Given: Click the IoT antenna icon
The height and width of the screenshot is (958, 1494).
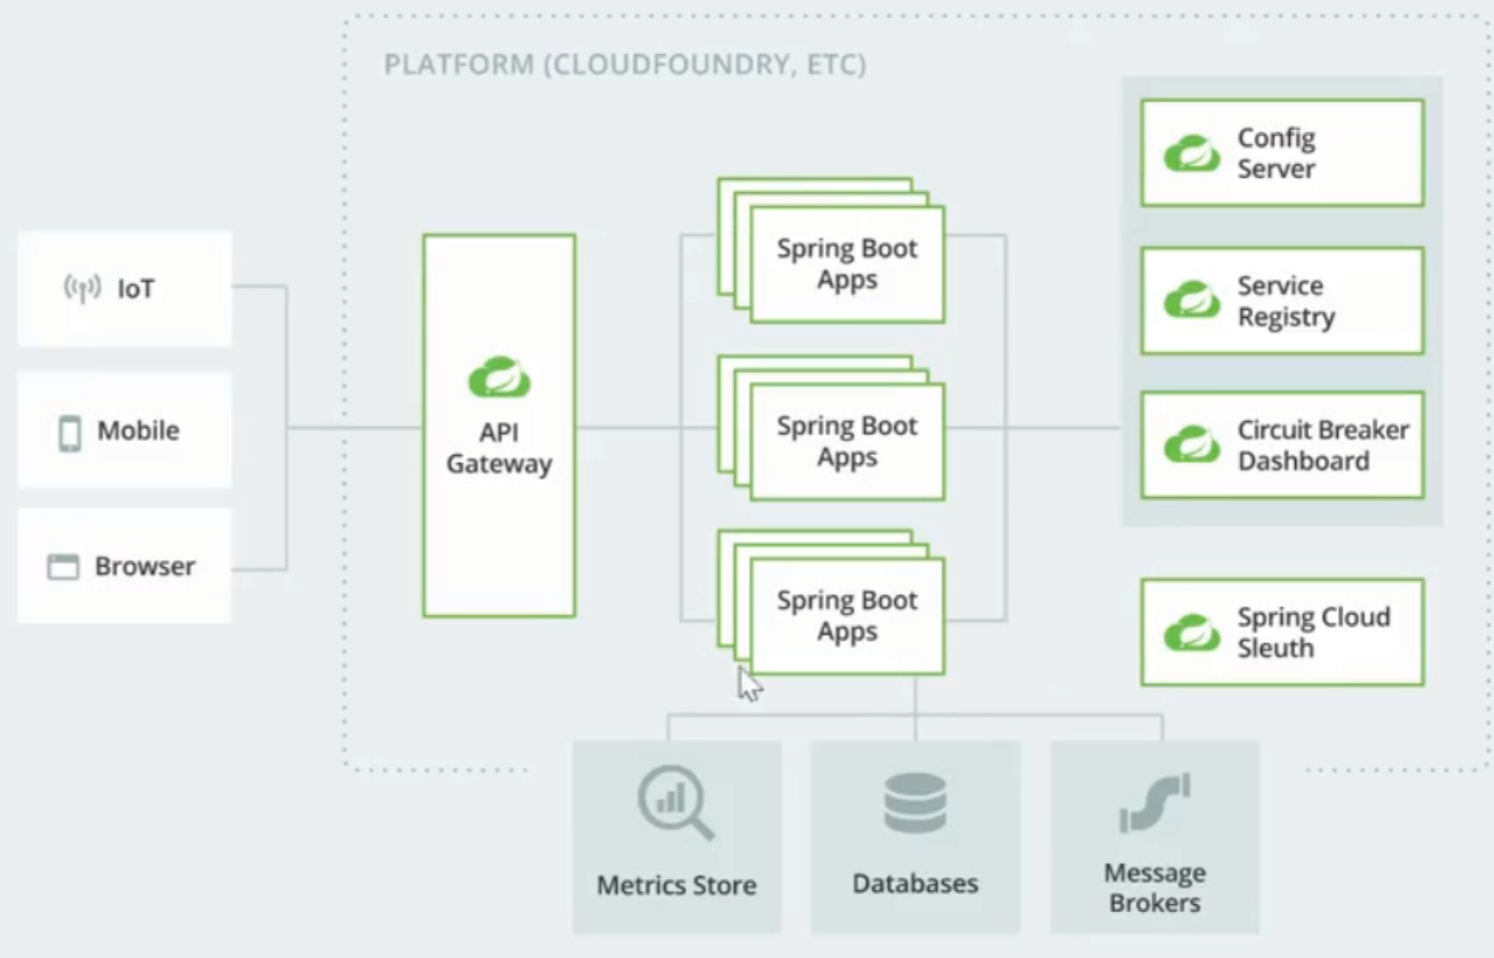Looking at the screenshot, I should click(x=82, y=288).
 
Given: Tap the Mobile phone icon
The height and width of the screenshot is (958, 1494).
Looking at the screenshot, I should click(x=70, y=432).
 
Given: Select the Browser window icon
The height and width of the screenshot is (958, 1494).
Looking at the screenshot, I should click(x=63, y=567).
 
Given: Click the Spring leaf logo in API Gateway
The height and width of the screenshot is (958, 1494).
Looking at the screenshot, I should click(x=499, y=377).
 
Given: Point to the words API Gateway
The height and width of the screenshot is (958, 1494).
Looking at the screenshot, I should click(x=499, y=448).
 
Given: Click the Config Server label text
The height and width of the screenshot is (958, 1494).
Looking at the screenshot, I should click(x=1276, y=153).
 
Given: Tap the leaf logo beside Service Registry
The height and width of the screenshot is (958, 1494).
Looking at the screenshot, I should click(x=1191, y=300).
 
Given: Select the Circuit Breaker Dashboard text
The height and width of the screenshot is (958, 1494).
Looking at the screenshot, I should click(x=1322, y=445).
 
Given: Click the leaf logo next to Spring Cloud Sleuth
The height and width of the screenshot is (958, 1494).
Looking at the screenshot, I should click(x=1191, y=633).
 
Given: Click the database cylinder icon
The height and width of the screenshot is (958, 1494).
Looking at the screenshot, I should click(x=915, y=803).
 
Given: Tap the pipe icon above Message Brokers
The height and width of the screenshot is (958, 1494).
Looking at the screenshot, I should click(x=1155, y=803).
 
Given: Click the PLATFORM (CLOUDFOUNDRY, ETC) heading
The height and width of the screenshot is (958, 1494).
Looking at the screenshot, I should click(x=625, y=65).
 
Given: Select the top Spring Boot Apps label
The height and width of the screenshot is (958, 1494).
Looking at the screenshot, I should click(x=847, y=264).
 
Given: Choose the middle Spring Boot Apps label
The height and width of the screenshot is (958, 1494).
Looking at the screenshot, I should click(x=847, y=441).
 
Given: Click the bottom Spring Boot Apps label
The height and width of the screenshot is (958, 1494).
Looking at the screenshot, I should click(x=847, y=616).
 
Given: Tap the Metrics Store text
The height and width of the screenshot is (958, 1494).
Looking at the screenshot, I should click(x=676, y=885).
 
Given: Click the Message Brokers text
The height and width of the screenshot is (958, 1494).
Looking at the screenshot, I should click(x=1155, y=888).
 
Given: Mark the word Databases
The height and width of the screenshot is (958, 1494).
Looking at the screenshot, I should click(x=915, y=884).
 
